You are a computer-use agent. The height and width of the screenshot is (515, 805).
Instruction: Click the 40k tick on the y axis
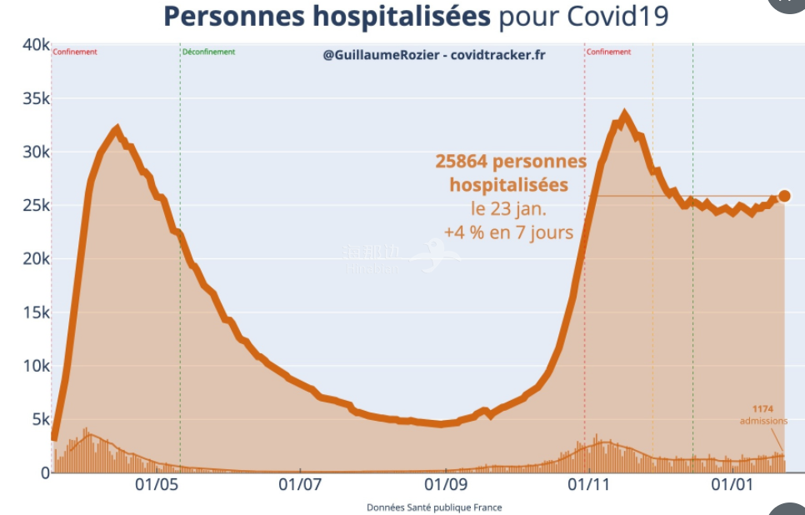(34, 45)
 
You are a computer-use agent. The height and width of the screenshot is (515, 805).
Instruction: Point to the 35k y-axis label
(34, 98)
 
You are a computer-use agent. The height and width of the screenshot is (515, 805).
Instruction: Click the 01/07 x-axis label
(300, 484)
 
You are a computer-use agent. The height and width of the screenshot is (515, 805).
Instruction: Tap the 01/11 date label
(589, 484)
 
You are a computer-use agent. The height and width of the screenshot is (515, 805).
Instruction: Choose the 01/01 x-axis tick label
(732, 484)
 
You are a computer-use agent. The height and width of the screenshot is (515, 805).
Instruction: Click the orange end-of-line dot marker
(783, 197)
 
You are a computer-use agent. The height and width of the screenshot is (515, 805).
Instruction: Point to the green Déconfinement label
(208, 52)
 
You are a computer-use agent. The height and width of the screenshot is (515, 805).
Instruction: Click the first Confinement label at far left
(75, 52)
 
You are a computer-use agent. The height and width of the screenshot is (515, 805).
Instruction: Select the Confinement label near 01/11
(608, 52)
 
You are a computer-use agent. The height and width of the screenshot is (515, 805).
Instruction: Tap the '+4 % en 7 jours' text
(508, 232)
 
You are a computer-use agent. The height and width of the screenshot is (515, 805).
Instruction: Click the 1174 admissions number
(762, 409)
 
